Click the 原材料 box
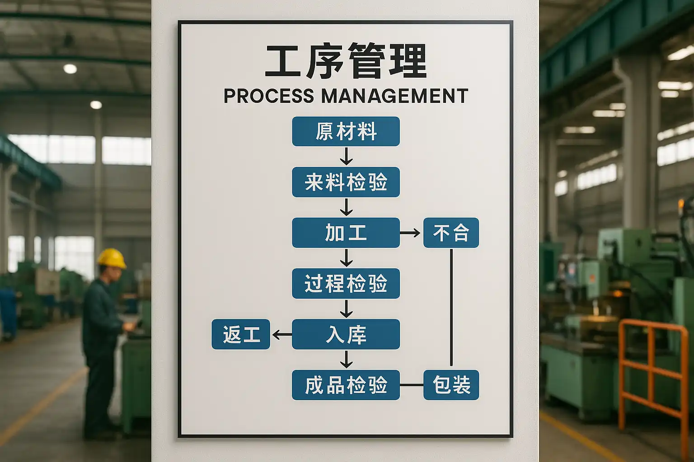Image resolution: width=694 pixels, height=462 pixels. pyautogui.click(x=346, y=131)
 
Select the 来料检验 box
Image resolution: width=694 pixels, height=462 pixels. pyautogui.click(x=346, y=182)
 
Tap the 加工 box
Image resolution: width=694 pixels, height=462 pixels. pyautogui.click(x=346, y=233)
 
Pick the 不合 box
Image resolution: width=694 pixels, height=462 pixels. pyautogui.click(x=451, y=233)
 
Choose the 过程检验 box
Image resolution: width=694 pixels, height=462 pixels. pyautogui.click(x=346, y=283)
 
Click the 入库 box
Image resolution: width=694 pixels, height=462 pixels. pyautogui.click(x=346, y=334)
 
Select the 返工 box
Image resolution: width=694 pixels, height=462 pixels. pyautogui.click(x=241, y=334)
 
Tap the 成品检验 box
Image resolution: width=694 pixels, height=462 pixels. pyautogui.click(x=346, y=385)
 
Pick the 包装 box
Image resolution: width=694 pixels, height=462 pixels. pyautogui.click(x=451, y=385)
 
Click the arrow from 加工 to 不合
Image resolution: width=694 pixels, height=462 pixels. pyautogui.click(x=410, y=233)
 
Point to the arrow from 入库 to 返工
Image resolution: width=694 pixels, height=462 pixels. pyautogui.click(x=282, y=334)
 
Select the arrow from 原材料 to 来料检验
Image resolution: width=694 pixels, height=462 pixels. pyautogui.click(x=346, y=156)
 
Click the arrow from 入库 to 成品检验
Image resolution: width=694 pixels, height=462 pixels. pyautogui.click(x=346, y=359)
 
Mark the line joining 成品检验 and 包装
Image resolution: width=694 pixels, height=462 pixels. pyautogui.click(x=412, y=385)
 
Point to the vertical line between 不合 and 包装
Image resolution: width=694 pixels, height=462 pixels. pyautogui.click(x=451, y=307)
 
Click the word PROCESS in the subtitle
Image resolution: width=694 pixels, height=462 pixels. pyautogui.click(x=269, y=96)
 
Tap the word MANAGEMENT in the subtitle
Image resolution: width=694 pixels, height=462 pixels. pyautogui.click(x=394, y=96)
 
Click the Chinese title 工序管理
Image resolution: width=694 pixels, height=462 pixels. pyautogui.click(x=346, y=61)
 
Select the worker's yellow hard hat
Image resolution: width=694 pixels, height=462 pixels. pyautogui.click(x=112, y=258)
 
